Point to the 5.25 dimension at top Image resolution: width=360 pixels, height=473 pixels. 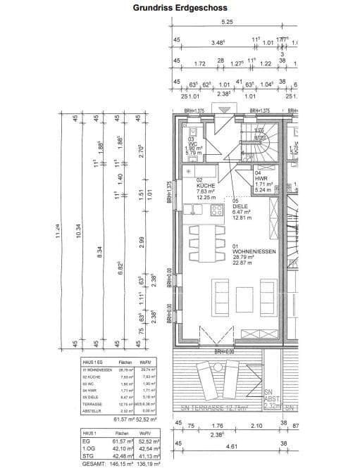click(227, 22)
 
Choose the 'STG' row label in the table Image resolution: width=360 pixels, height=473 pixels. click(87, 457)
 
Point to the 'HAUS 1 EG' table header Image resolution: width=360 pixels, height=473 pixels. click(93, 362)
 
